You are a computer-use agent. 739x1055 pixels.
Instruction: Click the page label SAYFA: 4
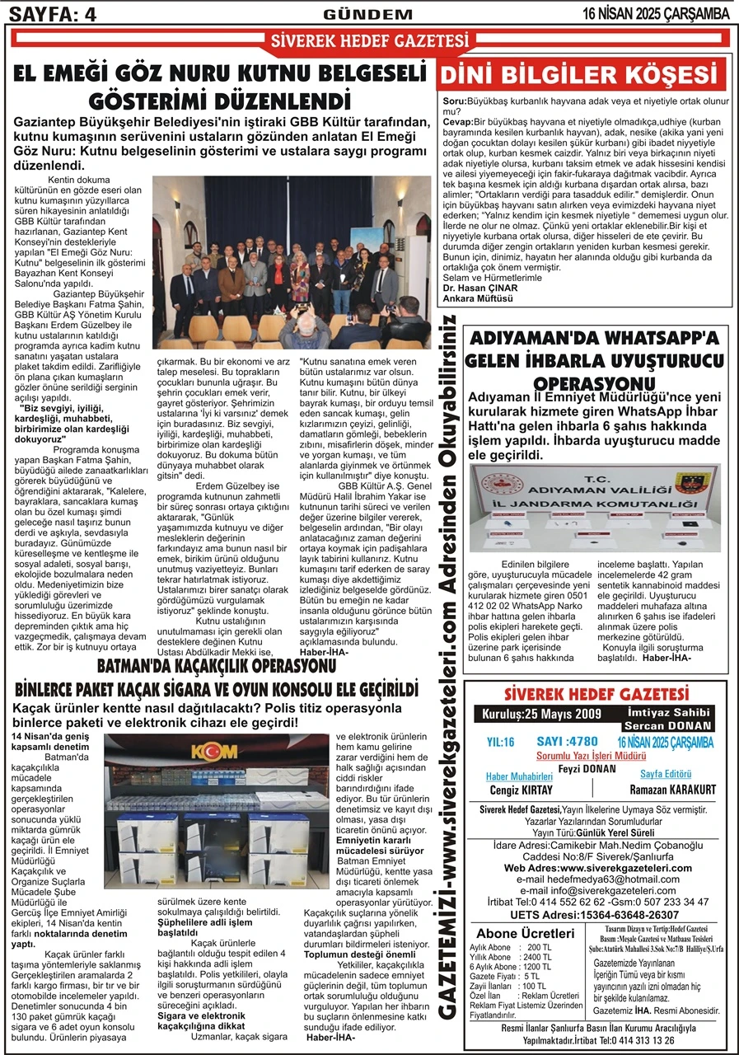(x=51, y=12)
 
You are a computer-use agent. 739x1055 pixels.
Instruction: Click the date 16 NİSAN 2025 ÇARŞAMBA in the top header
(x=656, y=12)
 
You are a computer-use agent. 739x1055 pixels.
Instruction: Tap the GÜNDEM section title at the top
(x=367, y=13)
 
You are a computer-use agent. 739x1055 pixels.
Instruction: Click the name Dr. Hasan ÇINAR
(x=479, y=287)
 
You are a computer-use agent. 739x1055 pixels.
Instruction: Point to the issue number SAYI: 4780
(x=567, y=742)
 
